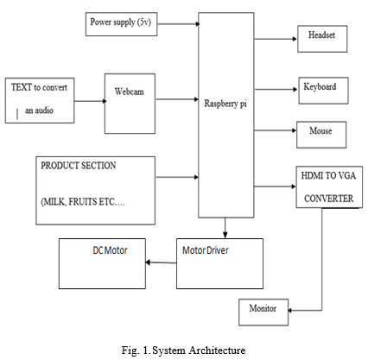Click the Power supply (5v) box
click(121, 24)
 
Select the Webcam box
click(130, 104)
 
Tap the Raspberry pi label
click(225, 104)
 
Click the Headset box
click(322, 39)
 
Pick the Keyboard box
click(323, 91)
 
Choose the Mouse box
click(321, 135)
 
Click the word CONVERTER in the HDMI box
click(328, 199)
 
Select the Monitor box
click(263, 313)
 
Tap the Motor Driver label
click(206, 250)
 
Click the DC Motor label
click(110, 250)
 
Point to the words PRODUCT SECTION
click(79, 166)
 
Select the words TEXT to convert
click(39, 87)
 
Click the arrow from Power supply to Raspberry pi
click(179, 24)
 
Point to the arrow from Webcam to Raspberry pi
click(177, 99)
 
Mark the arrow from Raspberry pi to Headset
click(276, 39)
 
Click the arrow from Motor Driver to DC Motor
click(161, 262)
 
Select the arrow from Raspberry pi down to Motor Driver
click(225, 228)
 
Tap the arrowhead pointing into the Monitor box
click(290, 310)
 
